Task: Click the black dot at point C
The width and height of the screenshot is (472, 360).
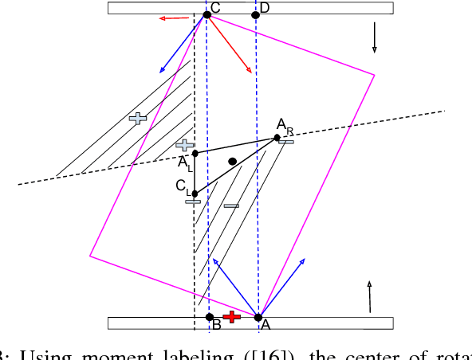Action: click(206, 14)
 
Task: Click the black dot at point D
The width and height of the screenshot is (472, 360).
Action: click(255, 14)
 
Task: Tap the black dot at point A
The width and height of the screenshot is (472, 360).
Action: click(258, 317)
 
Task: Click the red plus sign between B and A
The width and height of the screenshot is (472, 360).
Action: click(232, 316)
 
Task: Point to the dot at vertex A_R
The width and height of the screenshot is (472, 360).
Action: click(277, 138)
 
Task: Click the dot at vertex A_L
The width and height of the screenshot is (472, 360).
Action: click(195, 153)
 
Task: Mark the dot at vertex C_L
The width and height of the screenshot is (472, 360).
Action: click(195, 193)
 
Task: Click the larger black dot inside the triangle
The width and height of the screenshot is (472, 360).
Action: click(232, 162)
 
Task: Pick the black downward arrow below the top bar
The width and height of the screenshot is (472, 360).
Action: click(374, 40)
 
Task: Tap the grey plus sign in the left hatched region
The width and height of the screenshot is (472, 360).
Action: click(138, 118)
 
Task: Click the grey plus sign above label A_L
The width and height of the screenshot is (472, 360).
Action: click(185, 145)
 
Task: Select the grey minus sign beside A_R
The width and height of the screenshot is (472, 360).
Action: click(286, 142)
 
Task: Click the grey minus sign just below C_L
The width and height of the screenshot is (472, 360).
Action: click(193, 202)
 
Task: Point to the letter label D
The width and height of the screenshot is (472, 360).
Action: click(265, 7)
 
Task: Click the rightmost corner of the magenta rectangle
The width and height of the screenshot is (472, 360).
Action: click(374, 75)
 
